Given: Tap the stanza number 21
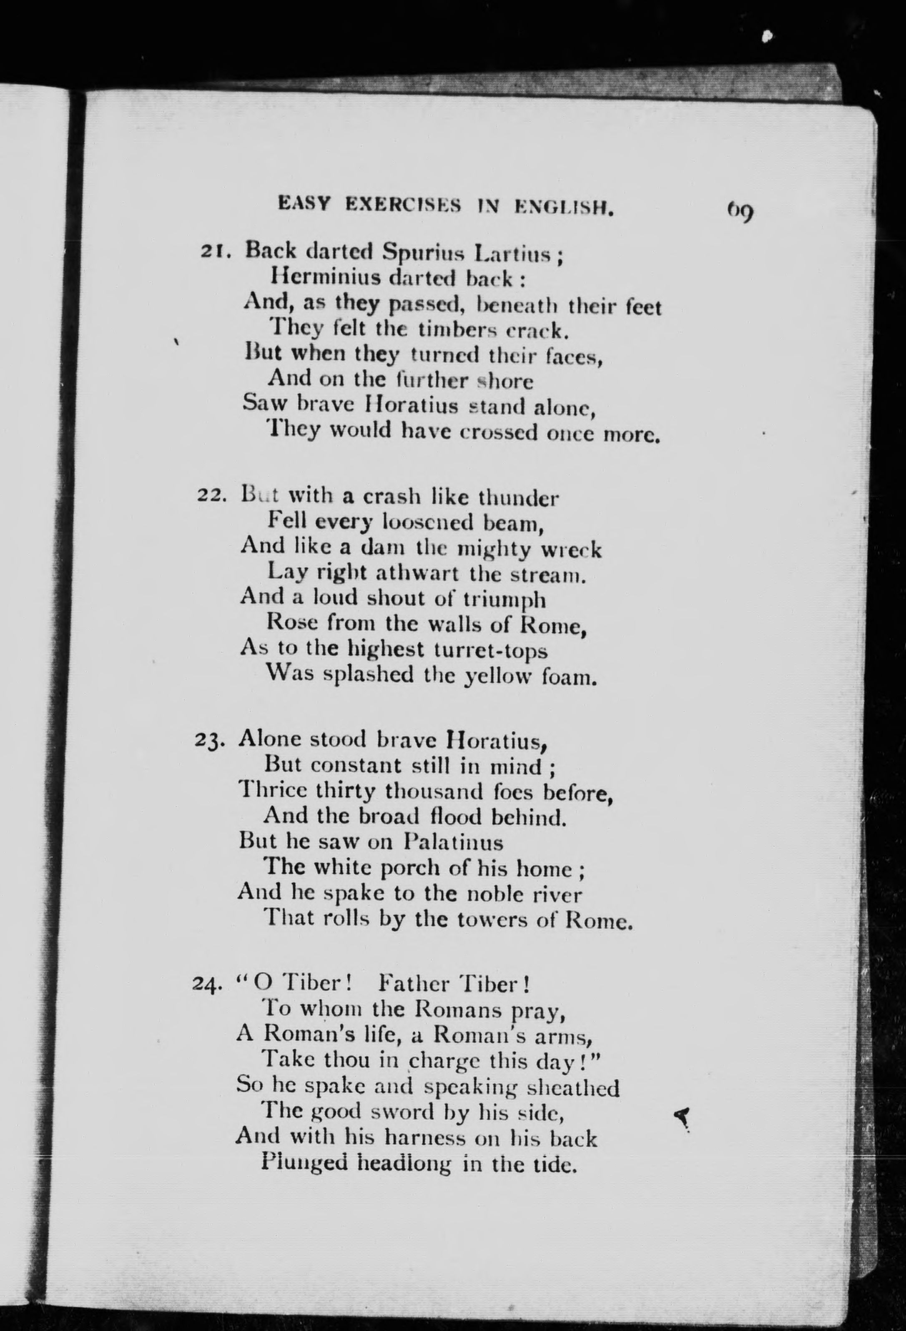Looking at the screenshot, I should tap(213, 251).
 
